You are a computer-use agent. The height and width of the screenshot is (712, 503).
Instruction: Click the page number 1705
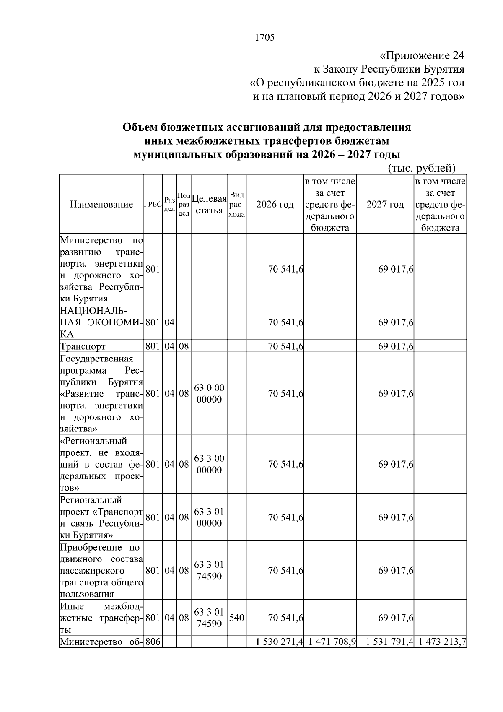pyautogui.click(x=264, y=38)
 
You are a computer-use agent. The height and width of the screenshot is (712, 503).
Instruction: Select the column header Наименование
pyautogui.click(x=101, y=204)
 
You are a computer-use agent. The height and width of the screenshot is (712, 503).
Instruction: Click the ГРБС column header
pyautogui.click(x=153, y=205)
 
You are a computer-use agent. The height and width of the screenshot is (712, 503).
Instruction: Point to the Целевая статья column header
pyautogui.click(x=209, y=204)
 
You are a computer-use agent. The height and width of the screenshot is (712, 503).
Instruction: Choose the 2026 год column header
pyautogui.click(x=275, y=204)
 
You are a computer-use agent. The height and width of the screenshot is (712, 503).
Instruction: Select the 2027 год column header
pyautogui.click(x=385, y=204)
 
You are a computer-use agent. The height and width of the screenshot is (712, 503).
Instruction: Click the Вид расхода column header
pyautogui.click(x=236, y=204)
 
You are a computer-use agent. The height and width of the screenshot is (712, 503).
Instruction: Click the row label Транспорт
pyautogui.click(x=83, y=346)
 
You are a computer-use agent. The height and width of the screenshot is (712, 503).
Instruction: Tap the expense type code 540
pyautogui.click(x=236, y=618)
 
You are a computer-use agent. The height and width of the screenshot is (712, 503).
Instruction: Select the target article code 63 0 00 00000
pyautogui.click(x=209, y=393)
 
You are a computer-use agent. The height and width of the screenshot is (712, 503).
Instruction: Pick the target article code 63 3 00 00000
pyautogui.click(x=209, y=464)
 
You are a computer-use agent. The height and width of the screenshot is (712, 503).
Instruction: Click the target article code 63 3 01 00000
pyautogui.click(x=209, y=517)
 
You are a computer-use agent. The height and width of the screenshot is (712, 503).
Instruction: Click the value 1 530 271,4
pyautogui.click(x=280, y=642)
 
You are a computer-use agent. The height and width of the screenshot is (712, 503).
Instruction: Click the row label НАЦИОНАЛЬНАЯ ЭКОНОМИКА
pyautogui.click(x=101, y=322)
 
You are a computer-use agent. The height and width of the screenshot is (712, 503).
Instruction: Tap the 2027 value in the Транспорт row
pyautogui.click(x=395, y=346)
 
